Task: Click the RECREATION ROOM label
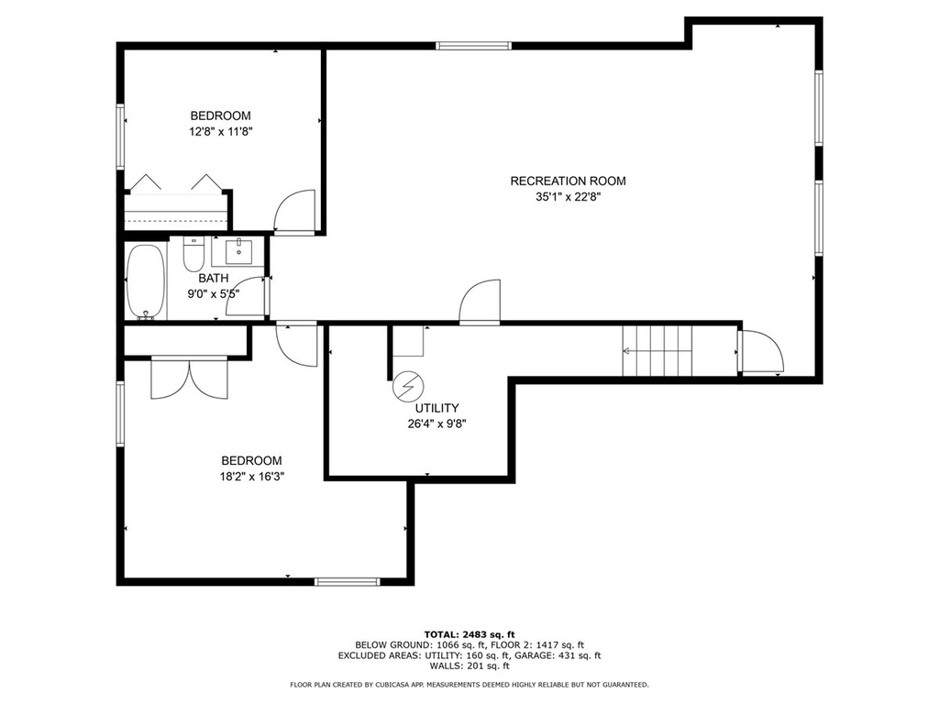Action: click(568, 181)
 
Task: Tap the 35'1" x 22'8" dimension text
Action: click(568, 197)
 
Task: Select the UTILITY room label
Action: click(437, 408)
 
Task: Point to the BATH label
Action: click(214, 279)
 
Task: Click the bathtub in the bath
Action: click(146, 281)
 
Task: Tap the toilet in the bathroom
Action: click(193, 255)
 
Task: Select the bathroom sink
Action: click(239, 251)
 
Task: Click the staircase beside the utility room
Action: click(657, 351)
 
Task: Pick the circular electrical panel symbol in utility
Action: click(408, 387)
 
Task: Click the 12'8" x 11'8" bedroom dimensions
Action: click(221, 132)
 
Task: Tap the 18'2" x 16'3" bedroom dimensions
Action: click(251, 477)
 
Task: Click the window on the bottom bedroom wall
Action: click(348, 581)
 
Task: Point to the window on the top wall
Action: click(474, 46)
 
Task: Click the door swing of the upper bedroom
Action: click(294, 212)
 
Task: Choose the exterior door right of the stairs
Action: click(761, 352)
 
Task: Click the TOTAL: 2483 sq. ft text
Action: click(469, 634)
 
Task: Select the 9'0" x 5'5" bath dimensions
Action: click(214, 294)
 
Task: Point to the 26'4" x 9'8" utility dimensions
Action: click(436, 424)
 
